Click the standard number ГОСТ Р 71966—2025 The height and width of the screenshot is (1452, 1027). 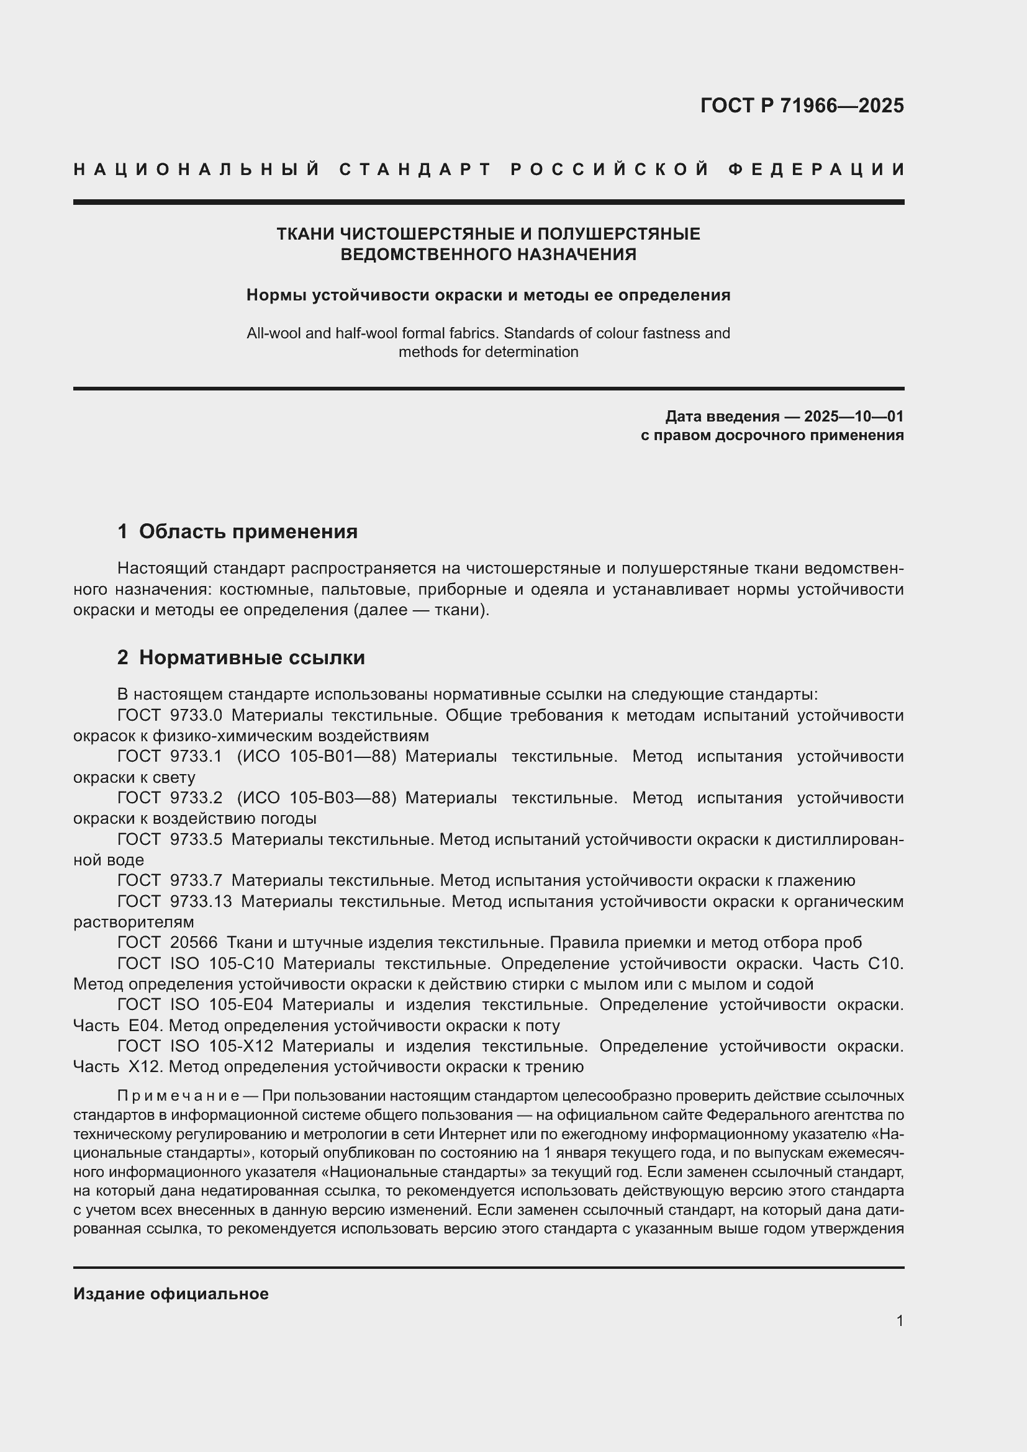[801, 106]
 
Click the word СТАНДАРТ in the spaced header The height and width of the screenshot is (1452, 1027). [415, 169]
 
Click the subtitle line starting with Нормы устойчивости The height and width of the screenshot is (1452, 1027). [487, 295]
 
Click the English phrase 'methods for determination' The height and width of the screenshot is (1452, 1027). [487, 352]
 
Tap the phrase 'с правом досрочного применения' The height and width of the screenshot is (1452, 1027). [772, 435]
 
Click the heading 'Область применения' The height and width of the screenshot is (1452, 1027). [248, 531]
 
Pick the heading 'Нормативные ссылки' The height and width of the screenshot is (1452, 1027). [251, 657]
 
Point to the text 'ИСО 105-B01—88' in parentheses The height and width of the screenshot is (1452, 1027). [315, 756]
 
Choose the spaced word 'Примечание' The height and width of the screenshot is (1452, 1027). [178, 1096]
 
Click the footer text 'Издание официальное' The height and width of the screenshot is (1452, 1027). [171, 1294]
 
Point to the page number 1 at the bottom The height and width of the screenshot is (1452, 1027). [899, 1320]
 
